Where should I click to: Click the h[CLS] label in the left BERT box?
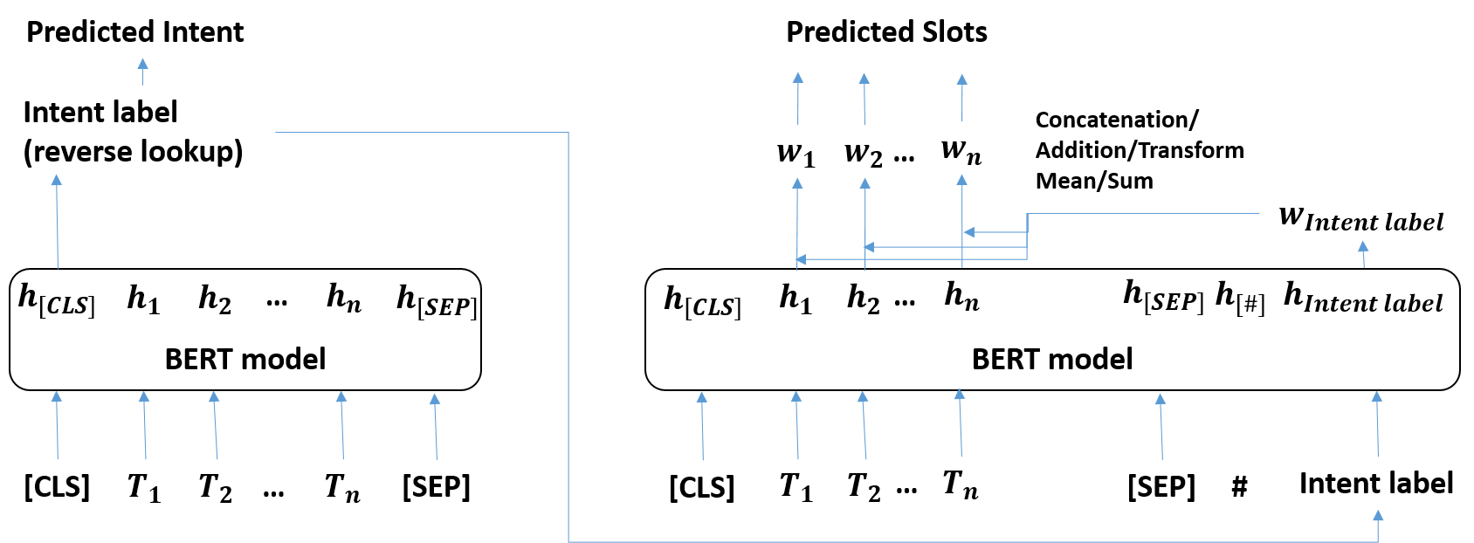57,299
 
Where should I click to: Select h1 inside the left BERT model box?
143,299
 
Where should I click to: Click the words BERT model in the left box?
245,359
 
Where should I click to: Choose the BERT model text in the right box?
1052,359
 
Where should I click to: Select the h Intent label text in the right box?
1362,298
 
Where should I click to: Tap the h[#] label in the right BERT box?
1240,298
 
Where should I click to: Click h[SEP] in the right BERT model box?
1163,297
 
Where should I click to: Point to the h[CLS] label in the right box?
703,301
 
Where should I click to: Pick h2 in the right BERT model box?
864,299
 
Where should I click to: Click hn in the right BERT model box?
961,297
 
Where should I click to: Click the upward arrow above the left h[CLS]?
57,220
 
